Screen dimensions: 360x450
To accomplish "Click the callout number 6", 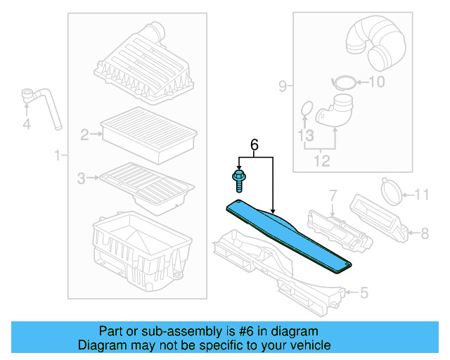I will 255,145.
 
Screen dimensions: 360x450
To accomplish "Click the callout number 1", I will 57,154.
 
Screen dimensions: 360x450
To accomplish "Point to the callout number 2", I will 84,134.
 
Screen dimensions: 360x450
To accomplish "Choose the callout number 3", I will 81,179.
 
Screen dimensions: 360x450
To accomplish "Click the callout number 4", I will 27,125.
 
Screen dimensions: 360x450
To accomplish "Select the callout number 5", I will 363,292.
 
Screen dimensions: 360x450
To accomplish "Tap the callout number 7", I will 333,193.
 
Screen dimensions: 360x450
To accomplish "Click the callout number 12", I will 321,162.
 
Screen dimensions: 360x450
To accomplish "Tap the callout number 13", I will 305,134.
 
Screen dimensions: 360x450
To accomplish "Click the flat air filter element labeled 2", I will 148,134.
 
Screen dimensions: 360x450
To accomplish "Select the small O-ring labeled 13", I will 305,108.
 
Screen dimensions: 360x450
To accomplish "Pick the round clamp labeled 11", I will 392,190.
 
